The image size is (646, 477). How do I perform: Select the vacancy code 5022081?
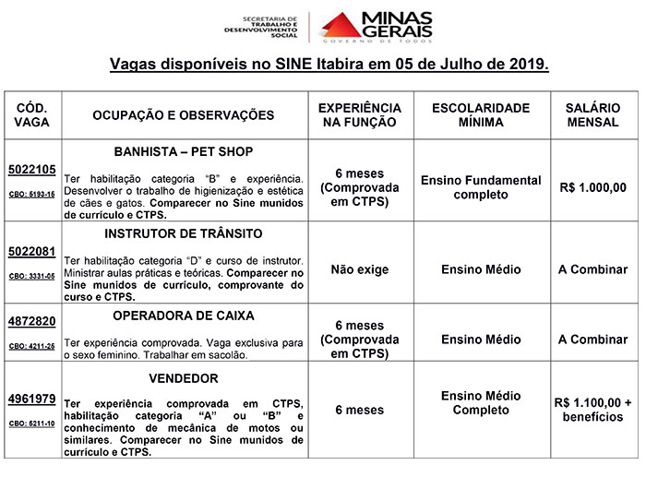click(32, 250)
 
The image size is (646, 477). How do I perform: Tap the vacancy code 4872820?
click(32, 321)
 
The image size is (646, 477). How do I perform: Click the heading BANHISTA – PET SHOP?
click(183, 151)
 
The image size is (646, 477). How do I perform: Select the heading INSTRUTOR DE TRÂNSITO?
click(183, 233)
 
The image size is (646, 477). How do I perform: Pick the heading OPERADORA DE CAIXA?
click(183, 316)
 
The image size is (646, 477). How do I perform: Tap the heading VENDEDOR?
click(183, 378)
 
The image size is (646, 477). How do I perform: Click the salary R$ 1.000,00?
click(592, 187)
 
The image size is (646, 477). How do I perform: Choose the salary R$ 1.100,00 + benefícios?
click(592, 410)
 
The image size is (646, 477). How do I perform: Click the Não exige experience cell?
click(359, 270)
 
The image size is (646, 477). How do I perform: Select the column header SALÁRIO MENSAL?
click(592, 114)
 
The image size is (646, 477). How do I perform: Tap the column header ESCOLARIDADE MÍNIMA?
click(481, 114)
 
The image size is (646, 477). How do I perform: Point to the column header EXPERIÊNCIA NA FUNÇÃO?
click(359, 114)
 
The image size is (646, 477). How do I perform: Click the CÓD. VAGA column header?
click(32, 114)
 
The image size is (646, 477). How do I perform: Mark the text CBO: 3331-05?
click(32, 276)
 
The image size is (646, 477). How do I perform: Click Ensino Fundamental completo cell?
click(481, 187)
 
